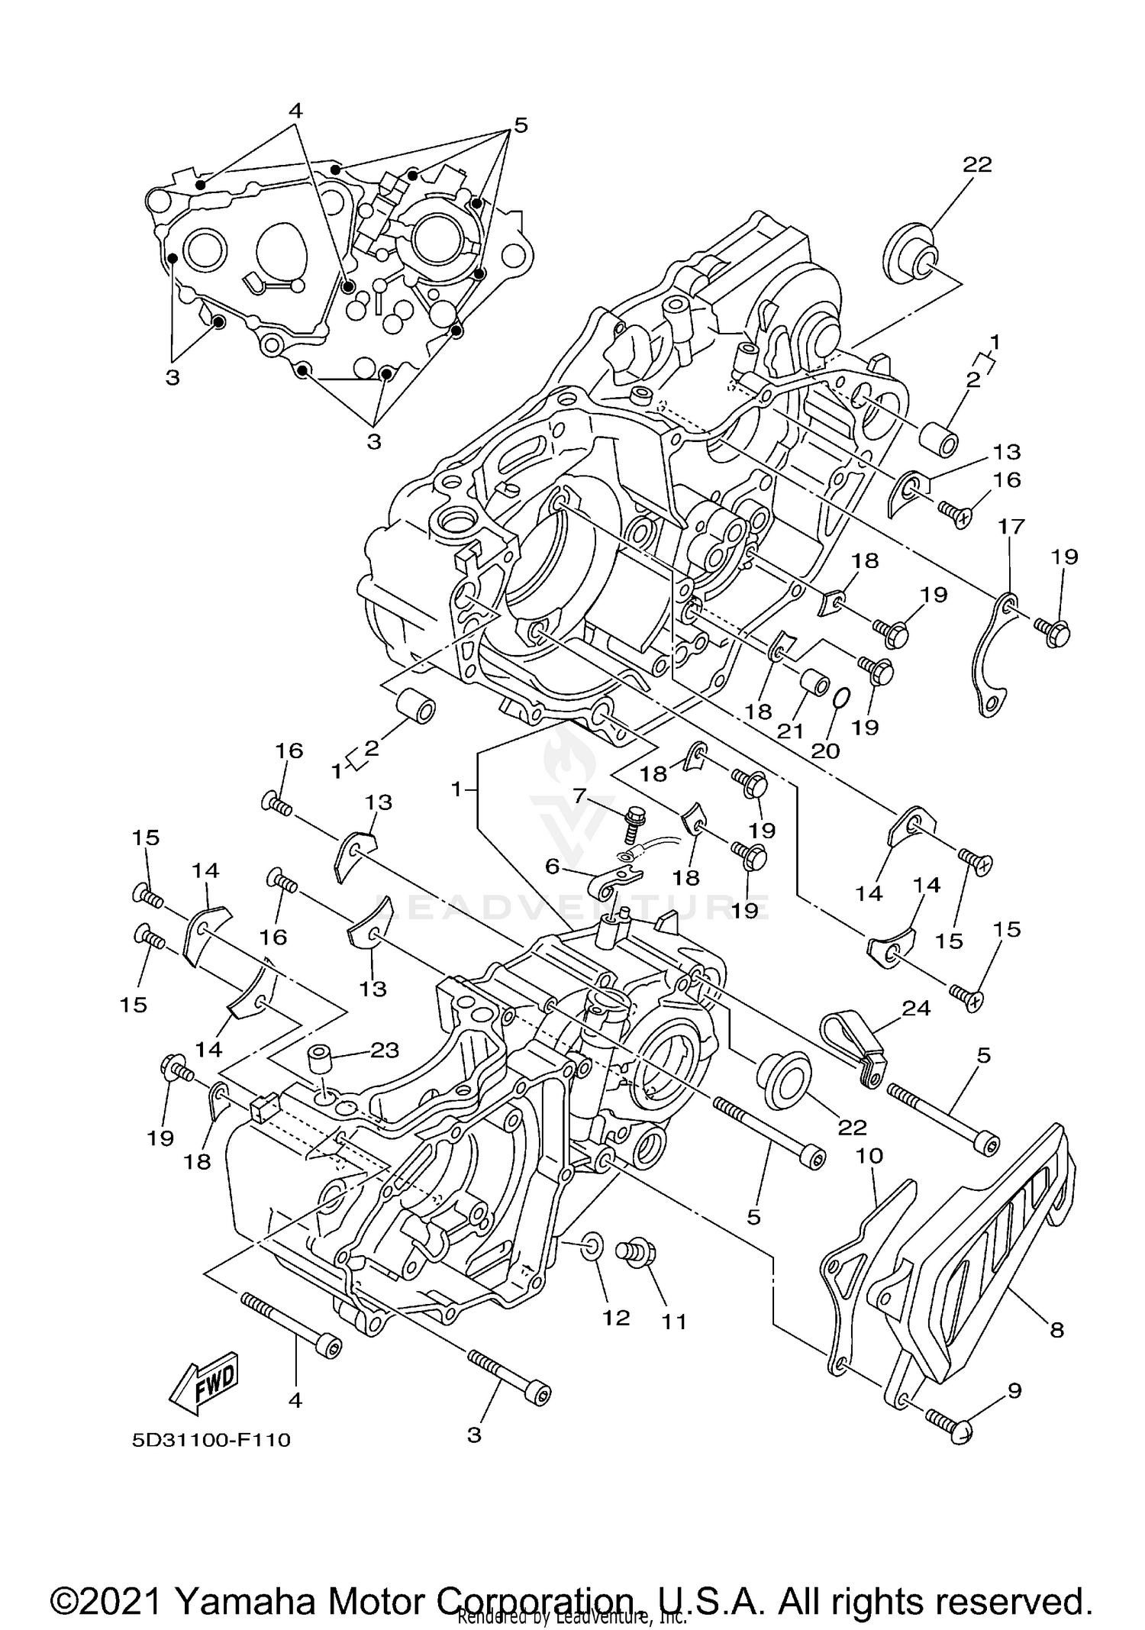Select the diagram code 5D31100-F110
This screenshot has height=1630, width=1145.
211,1440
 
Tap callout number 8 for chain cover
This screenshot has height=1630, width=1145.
1056,1330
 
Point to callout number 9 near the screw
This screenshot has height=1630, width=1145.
1014,1390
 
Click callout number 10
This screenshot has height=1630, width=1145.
869,1156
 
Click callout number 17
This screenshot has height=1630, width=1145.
1011,527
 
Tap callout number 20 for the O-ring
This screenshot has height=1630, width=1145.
825,750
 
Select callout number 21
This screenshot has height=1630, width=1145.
790,731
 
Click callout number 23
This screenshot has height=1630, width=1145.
384,1051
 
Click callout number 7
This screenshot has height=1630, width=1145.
580,796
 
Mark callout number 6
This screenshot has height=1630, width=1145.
552,865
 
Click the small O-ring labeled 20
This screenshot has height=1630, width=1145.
840,698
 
